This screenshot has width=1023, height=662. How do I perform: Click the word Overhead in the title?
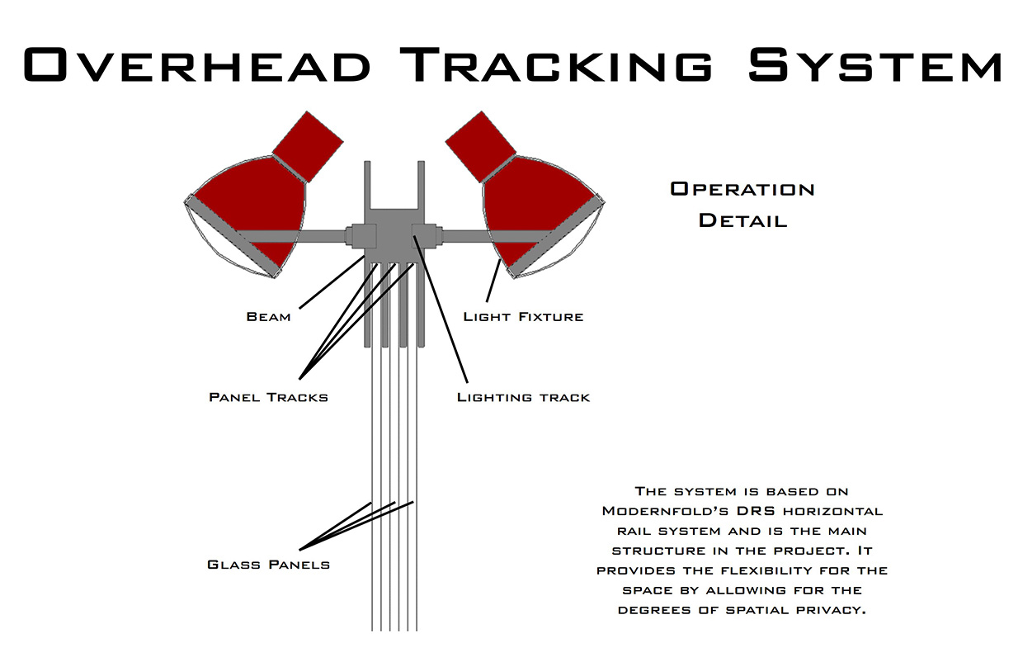tap(197, 64)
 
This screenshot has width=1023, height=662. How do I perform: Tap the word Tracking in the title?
tap(556, 64)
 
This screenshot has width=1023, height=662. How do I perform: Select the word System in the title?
tap(875, 64)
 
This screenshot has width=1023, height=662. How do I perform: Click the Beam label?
tap(269, 317)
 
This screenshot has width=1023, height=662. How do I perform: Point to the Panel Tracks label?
tap(269, 397)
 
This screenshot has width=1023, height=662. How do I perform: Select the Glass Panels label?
tap(269, 565)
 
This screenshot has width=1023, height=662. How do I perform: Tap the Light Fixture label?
tap(523, 317)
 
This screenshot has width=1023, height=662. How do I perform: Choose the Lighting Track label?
tap(523, 397)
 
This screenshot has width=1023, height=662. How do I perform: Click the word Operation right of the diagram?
tap(742, 189)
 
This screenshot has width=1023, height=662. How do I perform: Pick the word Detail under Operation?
tap(742, 220)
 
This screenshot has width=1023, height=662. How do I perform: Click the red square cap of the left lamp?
tap(308, 147)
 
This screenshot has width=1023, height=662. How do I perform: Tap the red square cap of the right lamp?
tap(480, 147)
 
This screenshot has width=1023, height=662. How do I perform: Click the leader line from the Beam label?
tap(332, 282)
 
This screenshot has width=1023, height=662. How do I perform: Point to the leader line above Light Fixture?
tap(493, 281)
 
